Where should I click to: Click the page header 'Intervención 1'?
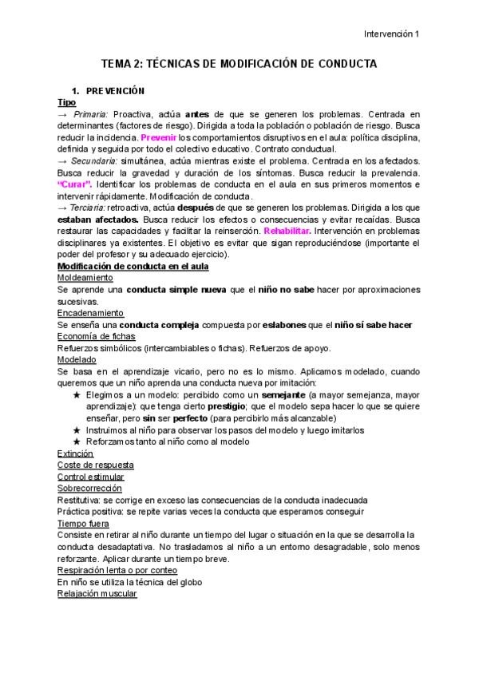pyautogui.click(x=391, y=34)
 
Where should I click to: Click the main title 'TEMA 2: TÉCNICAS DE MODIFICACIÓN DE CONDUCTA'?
pyautogui.click(x=239, y=64)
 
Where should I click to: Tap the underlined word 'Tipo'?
pyautogui.click(x=67, y=103)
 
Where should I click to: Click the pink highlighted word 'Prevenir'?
pyautogui.click(x=158, y=137)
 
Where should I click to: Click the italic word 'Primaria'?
pyautogui.click(x=93, y=115)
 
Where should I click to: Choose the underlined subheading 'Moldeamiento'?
pyautogui.click(x=85, y=277)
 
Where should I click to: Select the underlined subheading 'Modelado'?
pyautogui.click(x=77, y=359)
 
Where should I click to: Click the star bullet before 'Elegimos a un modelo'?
pyautogui.click(x=77, y=394)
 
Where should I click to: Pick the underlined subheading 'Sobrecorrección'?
pyautogui.click(x=89, y=488)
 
